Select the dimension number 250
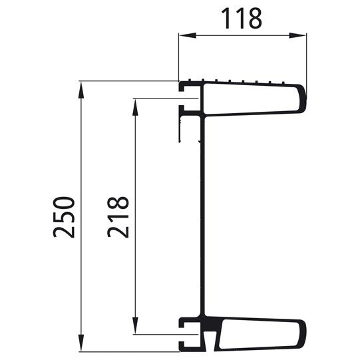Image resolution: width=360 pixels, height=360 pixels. point(65,217)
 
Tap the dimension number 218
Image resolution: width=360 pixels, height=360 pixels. point(118,217)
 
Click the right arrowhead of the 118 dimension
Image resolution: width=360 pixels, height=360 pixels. point(303,36)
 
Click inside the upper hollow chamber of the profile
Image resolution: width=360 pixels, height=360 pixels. point(250,98)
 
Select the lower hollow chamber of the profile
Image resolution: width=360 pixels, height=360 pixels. point(260,334)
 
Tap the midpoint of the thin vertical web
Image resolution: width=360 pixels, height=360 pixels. point(202,220)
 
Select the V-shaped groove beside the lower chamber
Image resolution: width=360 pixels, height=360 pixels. point(212,342)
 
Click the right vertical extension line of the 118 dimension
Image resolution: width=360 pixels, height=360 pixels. point(307,60)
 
